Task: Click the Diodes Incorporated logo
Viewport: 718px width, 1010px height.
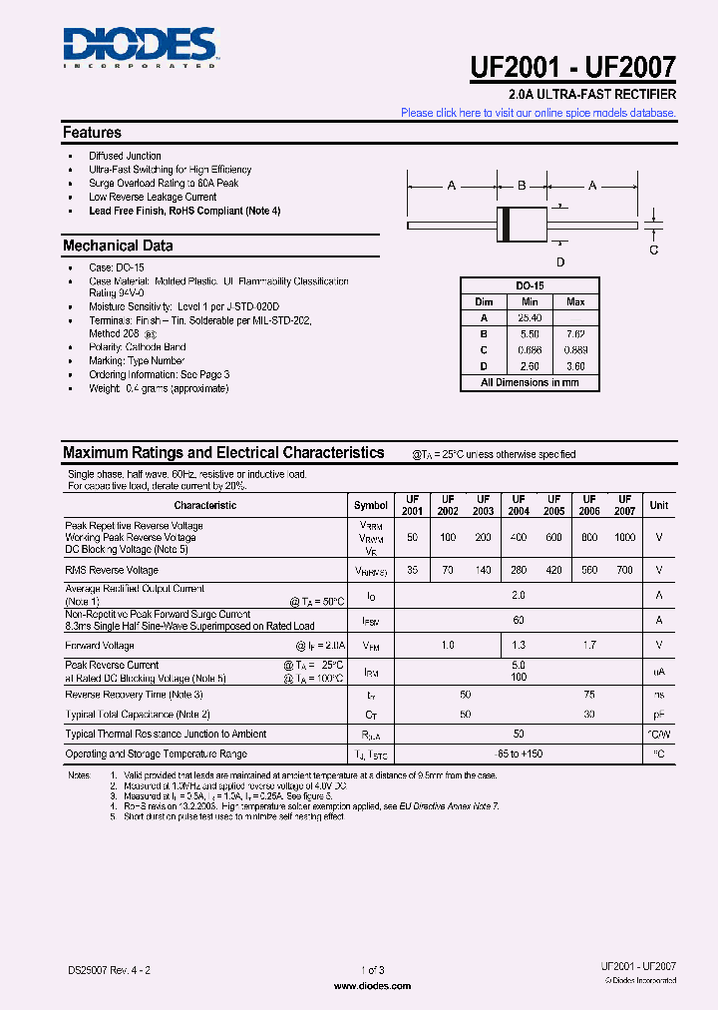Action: (139, 47)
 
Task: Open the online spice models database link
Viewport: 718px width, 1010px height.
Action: (538, 113)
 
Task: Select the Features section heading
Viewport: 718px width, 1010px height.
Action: (92, 133)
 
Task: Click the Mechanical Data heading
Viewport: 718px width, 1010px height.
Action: (118, 246)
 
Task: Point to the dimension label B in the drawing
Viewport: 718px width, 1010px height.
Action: (522, 186)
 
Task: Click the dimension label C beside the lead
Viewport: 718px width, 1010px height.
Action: (654, 250)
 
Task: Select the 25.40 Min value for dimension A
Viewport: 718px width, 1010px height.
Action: (530, 317)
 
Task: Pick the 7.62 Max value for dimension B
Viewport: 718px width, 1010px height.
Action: (575, 333)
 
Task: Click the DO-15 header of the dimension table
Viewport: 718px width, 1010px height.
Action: (530, 285)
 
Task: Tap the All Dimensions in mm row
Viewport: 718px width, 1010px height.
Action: (530, 382)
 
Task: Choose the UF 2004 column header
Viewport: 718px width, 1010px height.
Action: (519, 505)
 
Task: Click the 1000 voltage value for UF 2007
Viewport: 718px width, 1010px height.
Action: (624, 538)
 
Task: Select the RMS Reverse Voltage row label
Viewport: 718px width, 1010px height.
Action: (112, 570)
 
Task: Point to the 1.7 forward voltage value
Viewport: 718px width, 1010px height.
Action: (589, 646)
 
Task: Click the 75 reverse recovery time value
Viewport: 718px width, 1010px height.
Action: (589, 694)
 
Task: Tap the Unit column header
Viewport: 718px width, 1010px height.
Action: (659, 505)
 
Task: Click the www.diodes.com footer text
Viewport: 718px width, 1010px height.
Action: (372, 986)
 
